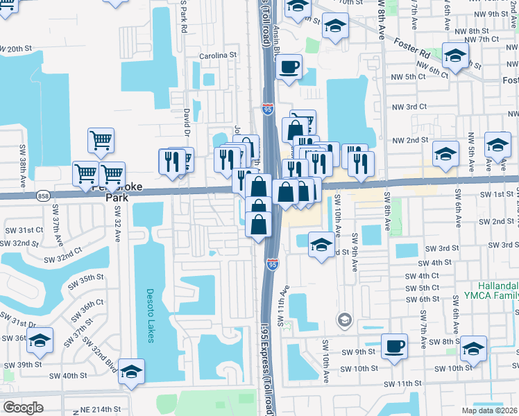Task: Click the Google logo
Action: point(23,408)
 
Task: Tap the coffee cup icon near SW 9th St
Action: point(395,346)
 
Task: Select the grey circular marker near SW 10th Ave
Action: point(343,320)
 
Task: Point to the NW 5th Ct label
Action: point(408,76)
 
